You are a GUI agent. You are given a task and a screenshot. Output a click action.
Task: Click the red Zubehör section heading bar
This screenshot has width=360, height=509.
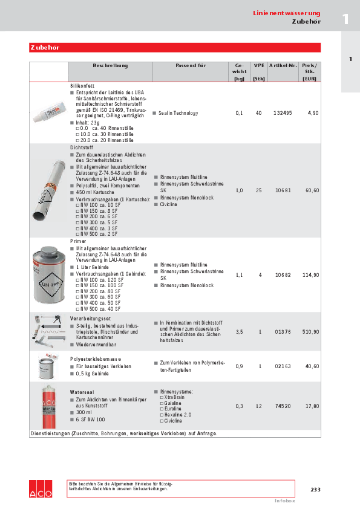coord(174,48)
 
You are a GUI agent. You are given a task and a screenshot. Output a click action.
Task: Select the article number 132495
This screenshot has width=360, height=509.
coord(283,113)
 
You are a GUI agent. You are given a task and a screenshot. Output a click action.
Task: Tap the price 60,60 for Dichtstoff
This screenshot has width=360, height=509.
coord(312,190)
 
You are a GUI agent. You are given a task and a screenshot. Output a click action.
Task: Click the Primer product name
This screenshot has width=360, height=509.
coord(79,241)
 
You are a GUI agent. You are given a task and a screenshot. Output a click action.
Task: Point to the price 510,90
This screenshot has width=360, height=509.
coord(312,332)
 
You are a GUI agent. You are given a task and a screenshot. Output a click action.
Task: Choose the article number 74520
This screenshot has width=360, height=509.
coord(283,406)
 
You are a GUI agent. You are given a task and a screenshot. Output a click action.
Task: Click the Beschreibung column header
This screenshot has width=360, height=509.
coord(110,65)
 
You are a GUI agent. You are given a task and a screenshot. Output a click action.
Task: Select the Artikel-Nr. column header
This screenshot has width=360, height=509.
coord(283,65)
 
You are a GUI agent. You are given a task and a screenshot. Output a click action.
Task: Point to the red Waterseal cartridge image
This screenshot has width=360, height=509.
coord(48,406)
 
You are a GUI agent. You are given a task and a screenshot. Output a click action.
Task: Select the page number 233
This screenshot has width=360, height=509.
coord(315,489)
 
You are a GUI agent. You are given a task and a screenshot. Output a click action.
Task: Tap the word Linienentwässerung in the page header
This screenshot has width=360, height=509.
coord(286,13)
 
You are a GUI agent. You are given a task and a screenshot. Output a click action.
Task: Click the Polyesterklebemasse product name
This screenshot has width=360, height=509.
coord(94,359)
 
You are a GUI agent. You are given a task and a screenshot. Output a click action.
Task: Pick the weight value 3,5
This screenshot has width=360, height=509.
coord(239,332)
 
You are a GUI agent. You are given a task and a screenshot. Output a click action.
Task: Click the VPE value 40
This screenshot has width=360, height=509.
coord(259,113)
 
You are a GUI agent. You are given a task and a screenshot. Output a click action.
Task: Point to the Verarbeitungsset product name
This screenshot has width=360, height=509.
coord(90,318)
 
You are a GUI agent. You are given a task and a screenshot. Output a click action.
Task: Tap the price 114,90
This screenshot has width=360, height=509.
coord(310,275)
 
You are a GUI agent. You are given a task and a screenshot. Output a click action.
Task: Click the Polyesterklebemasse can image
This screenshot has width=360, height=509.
coord(48,366)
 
